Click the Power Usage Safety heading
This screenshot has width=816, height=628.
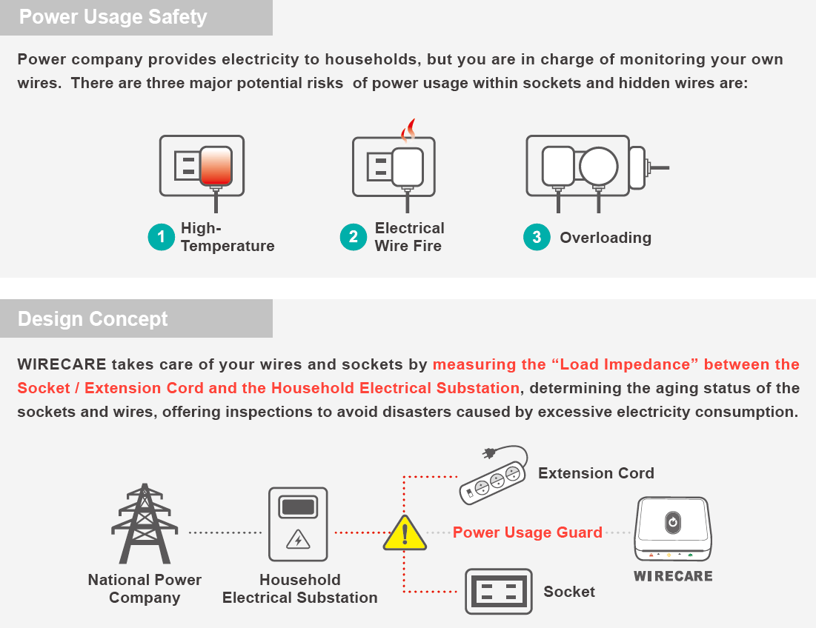coord(113,17)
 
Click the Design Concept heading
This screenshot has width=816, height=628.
coord(93,319)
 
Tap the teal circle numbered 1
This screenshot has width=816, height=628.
coord(161,237)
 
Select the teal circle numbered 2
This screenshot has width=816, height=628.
coord(354,237)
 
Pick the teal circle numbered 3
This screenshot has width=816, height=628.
coord(537,237)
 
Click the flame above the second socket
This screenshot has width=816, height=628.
coord(408,131)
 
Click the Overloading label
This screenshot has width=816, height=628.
coord(606,238)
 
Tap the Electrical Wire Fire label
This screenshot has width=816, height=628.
coord(409,237)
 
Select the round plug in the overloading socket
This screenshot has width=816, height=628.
coord(598,166)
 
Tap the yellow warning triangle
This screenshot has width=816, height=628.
coord(405,533)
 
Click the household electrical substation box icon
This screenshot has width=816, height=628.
coord(298,524)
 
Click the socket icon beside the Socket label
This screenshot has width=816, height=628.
coord(498,591)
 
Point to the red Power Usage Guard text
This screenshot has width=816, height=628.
coord(527,532)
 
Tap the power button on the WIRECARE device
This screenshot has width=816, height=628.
coord(671,521)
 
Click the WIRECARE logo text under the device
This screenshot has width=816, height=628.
coord(673,576)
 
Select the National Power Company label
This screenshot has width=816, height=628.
coord(145,589)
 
